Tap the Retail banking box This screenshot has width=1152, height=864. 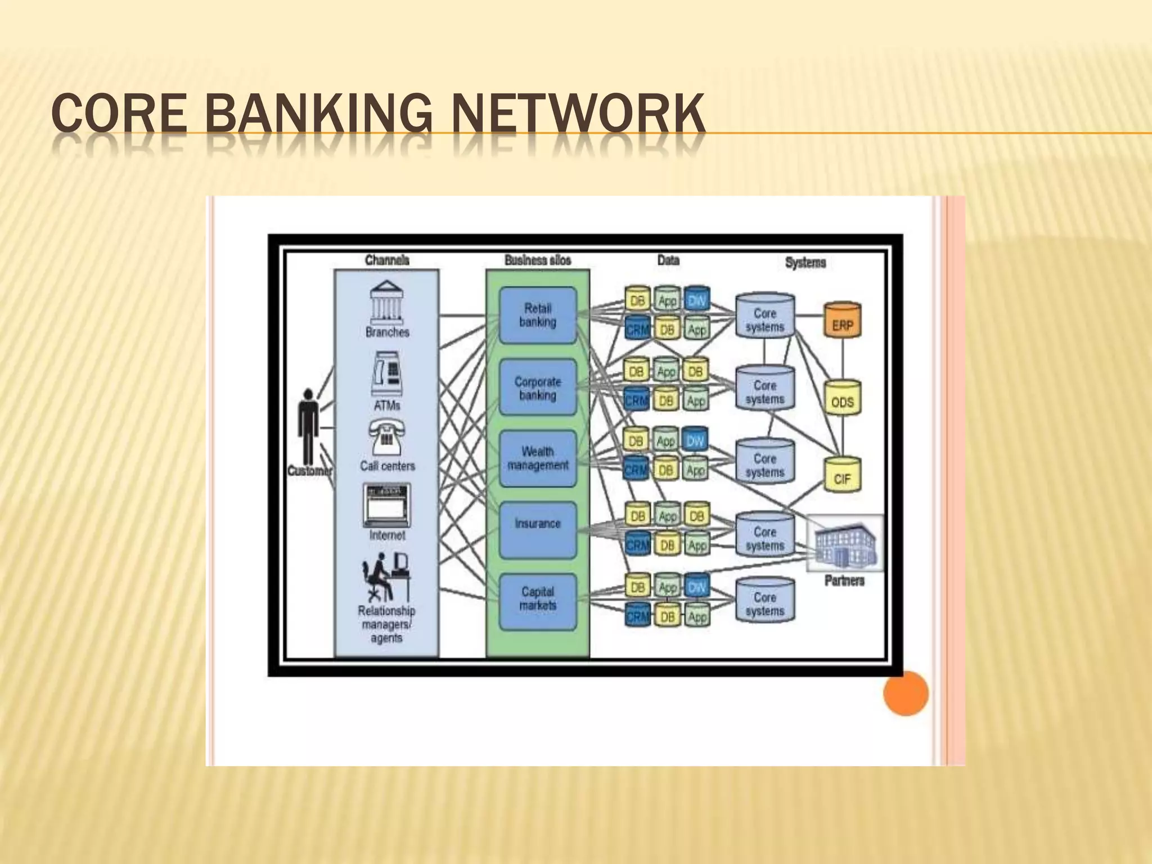click(x=538, y=316)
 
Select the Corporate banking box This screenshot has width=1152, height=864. click(x=538, y=388)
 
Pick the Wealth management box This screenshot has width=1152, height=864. click(x=538, y=458)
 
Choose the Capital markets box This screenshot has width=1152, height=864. click(x=538, y=601)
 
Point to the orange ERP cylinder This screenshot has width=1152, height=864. click(x=842, y=321)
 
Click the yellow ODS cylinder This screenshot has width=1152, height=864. click(x=842, y=398)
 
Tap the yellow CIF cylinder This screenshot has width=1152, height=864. click(x=842, y=475)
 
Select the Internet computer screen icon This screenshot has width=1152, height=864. click(x=386, y=505)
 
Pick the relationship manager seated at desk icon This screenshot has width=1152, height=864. click(x=385, y=577)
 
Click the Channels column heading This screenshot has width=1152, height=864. click(x=387, y=260)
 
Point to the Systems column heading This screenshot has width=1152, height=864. click(x=805, y=262)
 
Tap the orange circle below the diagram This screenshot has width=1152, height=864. click(x=905, y=693)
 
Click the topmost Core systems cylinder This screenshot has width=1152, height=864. click(x=765, y=316)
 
